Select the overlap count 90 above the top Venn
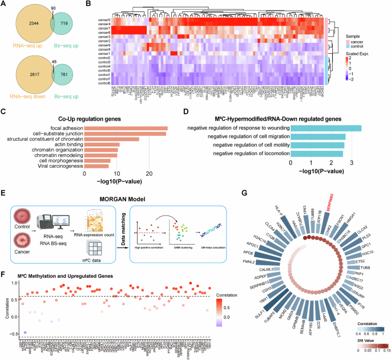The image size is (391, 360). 54,6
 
